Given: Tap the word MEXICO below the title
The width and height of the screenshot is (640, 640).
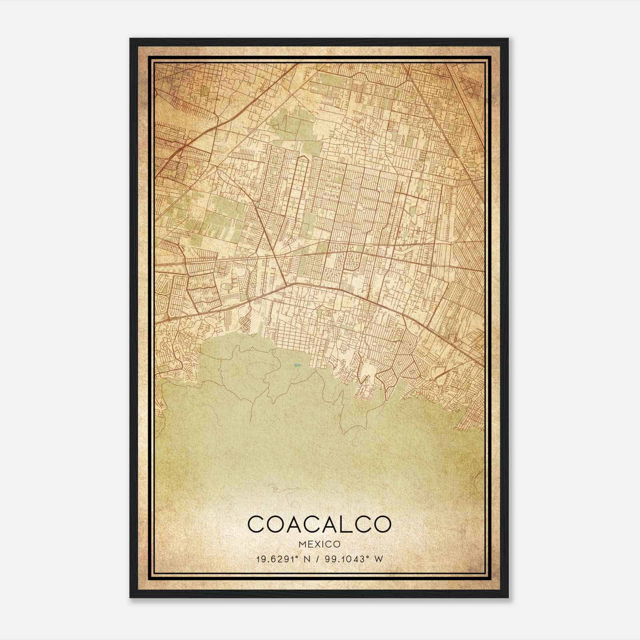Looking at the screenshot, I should point(319,544).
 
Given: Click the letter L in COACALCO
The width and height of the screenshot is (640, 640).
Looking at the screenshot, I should point(343,524).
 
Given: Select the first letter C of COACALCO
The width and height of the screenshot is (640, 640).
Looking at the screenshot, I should point(256,524).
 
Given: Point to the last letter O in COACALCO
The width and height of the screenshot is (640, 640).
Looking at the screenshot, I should point(381,524).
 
